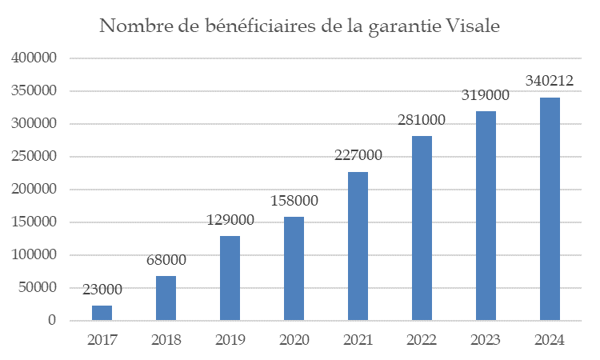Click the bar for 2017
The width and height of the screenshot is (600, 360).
pos(102,313)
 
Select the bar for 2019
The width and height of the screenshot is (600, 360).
pos(230,278)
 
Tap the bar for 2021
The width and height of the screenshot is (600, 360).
pos(358,246)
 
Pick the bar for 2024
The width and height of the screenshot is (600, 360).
pos(550,209)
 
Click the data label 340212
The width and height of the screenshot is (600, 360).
pos(550,81)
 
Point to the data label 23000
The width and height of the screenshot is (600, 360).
pos(102,289)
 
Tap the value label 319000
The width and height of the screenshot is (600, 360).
pos(486,95)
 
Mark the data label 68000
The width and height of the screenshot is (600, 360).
pos(166,260)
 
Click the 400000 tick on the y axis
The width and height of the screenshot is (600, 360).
pos(34,58)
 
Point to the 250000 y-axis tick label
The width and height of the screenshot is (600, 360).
pos(34,157)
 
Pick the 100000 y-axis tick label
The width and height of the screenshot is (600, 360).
pos(34,255)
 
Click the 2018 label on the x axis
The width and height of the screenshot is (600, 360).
pos(166,340)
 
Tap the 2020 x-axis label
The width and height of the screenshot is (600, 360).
pos(294,340)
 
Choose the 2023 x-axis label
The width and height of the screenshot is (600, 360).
pos(486,340)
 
